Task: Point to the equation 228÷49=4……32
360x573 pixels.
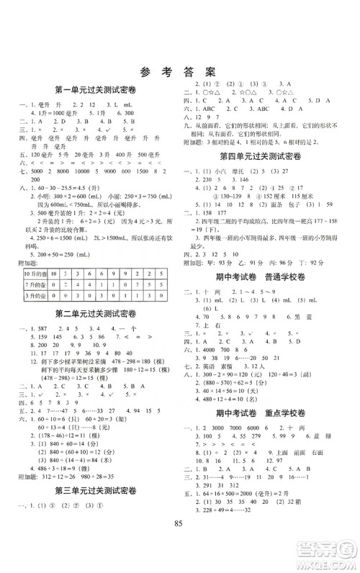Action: point(238,530)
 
